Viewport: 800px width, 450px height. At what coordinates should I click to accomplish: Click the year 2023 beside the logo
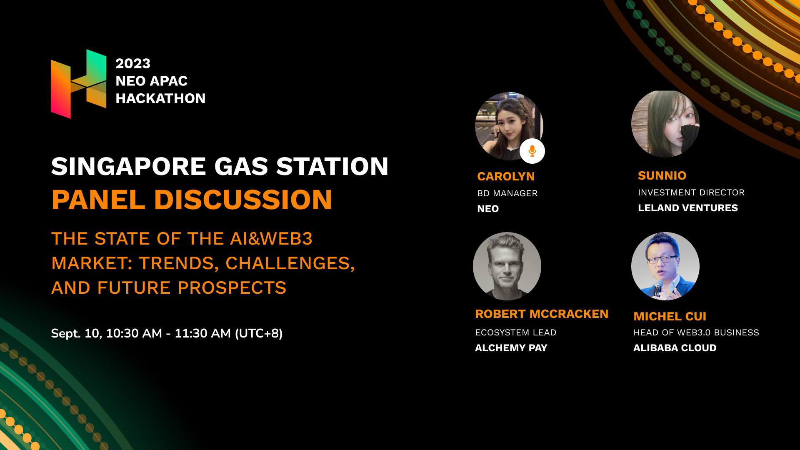click(133, 63)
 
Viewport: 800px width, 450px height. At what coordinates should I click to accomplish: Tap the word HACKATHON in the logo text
click(160, 98)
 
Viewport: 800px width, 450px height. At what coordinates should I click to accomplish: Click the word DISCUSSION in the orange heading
click(243, 200)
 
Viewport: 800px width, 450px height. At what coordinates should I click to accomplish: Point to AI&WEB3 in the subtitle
click(271, 239)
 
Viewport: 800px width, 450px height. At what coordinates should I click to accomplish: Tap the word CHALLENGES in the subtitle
click(290, 263)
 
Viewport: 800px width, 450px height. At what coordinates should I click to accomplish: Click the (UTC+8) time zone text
click(259, 333)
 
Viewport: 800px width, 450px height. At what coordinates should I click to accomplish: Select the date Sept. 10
click(76, 333)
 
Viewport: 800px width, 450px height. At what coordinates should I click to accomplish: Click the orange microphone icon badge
click(532, 151)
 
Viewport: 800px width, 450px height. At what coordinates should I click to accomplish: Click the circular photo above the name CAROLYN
click(509, 126)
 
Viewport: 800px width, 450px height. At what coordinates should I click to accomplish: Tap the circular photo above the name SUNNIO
click(665, 124)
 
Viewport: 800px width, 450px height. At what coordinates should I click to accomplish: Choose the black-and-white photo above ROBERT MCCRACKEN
click(507, 266)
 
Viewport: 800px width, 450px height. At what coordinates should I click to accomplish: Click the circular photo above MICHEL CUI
click(665, 266)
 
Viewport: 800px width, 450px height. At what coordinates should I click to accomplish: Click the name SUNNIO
click(662, 175)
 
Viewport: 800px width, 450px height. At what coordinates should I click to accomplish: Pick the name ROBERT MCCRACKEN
click(542, 314)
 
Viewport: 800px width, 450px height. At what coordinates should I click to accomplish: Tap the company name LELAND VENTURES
click(688, 208)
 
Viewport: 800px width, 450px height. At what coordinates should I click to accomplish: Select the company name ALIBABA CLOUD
click(675, 348)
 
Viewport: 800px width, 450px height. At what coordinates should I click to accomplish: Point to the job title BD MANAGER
click(507, 193)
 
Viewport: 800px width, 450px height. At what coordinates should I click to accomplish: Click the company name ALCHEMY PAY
click(511, 348)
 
